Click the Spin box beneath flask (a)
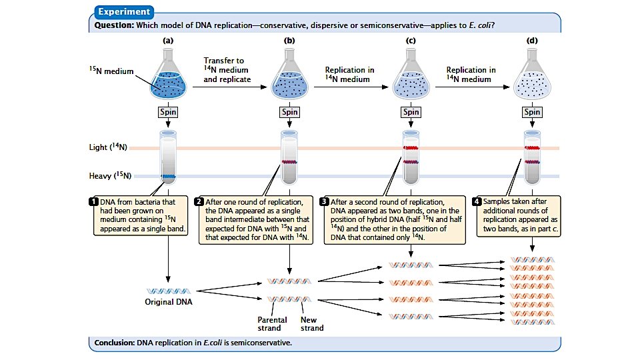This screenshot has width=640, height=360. (168, 112)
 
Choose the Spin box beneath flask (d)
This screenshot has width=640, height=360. (532, 112)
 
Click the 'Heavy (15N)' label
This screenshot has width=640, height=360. (110, 176)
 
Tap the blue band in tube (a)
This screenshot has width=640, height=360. (168, 176)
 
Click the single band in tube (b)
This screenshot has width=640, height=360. (289, 161)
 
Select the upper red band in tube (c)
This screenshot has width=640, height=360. (411, 148)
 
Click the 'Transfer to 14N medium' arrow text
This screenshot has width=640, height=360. (227, 70)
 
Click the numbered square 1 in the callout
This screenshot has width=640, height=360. (94, 201)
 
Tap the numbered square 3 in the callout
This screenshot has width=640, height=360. (325, 201)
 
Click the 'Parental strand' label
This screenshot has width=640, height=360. (272, 323)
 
